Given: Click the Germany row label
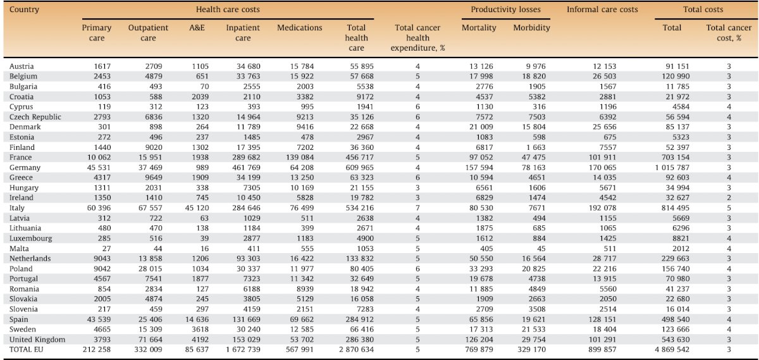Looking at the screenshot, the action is point(25,168).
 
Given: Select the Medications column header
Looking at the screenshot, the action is point(300,28).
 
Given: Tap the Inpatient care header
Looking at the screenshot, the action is point(243,32).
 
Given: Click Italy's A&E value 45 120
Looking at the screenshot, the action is point(197,208).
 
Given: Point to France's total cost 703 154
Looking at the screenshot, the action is point(676,158).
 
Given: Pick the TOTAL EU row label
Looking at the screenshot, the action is point(27,349).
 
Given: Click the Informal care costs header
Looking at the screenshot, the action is point(602,9).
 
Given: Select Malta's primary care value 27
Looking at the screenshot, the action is point(106,249).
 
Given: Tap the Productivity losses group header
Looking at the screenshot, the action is point(505,9).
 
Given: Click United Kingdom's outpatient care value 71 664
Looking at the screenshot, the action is point(151,339).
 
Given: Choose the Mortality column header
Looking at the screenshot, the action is point(479,28).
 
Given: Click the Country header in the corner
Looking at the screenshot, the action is point(24,9).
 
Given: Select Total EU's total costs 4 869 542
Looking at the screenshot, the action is point(672,349).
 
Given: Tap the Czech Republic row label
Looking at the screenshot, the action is point(35,117).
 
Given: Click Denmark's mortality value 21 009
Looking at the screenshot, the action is point(481,127).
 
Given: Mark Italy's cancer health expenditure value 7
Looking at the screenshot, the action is point(417,208).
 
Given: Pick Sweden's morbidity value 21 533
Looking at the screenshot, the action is point(534,329).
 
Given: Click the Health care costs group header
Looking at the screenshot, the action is point(228,9).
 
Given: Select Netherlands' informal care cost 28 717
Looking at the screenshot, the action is point(605,259).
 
